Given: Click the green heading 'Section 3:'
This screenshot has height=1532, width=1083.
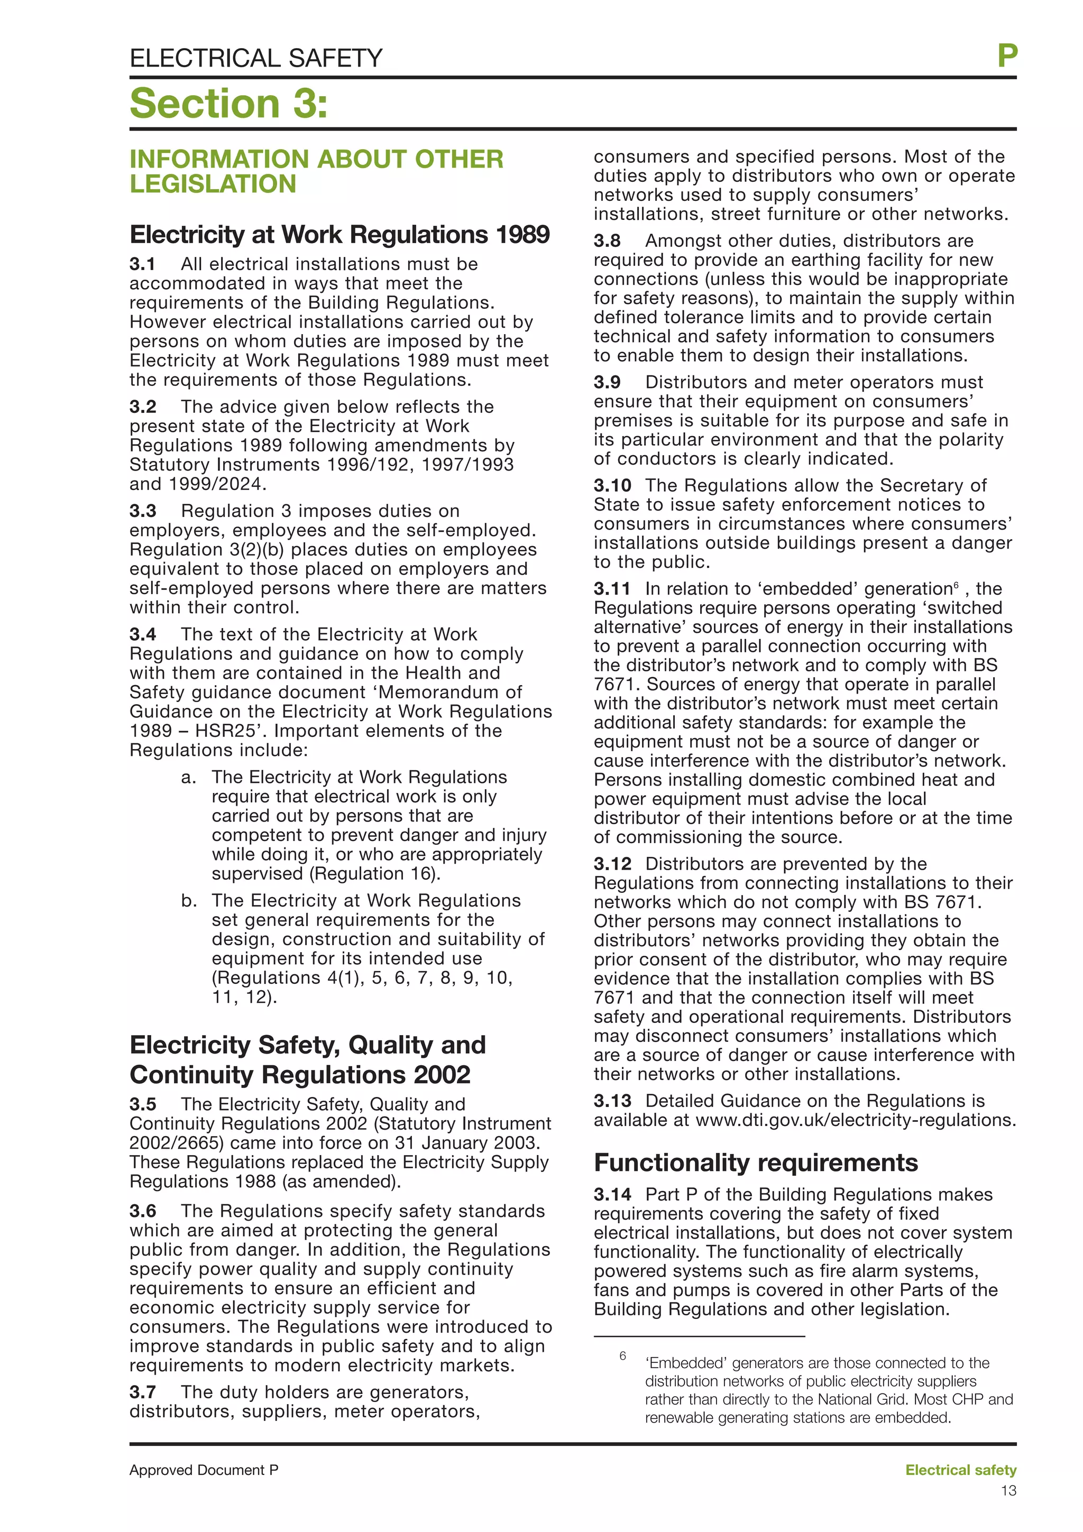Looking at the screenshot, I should [228, 104].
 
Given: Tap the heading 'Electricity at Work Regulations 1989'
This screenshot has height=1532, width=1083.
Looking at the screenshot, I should [339, 234].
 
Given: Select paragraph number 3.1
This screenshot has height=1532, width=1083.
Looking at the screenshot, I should [142, 264].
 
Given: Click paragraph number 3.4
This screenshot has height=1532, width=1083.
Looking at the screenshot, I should [142, 634].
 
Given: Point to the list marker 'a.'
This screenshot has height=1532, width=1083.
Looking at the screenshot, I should [188, 777].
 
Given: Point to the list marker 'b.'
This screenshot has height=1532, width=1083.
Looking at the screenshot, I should [188, 901].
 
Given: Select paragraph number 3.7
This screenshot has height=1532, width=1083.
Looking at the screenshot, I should [142, 1392].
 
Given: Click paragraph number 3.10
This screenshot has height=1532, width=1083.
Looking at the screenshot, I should [612, 485].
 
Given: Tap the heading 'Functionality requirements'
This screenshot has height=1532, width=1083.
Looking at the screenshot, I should [755, 1163].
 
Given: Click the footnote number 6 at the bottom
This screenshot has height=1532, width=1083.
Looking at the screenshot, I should [622, 1356].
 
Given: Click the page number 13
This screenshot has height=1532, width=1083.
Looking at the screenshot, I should [1008, 1491].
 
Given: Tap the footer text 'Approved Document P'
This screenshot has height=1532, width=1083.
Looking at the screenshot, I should [204, 1470].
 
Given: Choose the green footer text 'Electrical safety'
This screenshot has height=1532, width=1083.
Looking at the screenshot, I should [960, 1470].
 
